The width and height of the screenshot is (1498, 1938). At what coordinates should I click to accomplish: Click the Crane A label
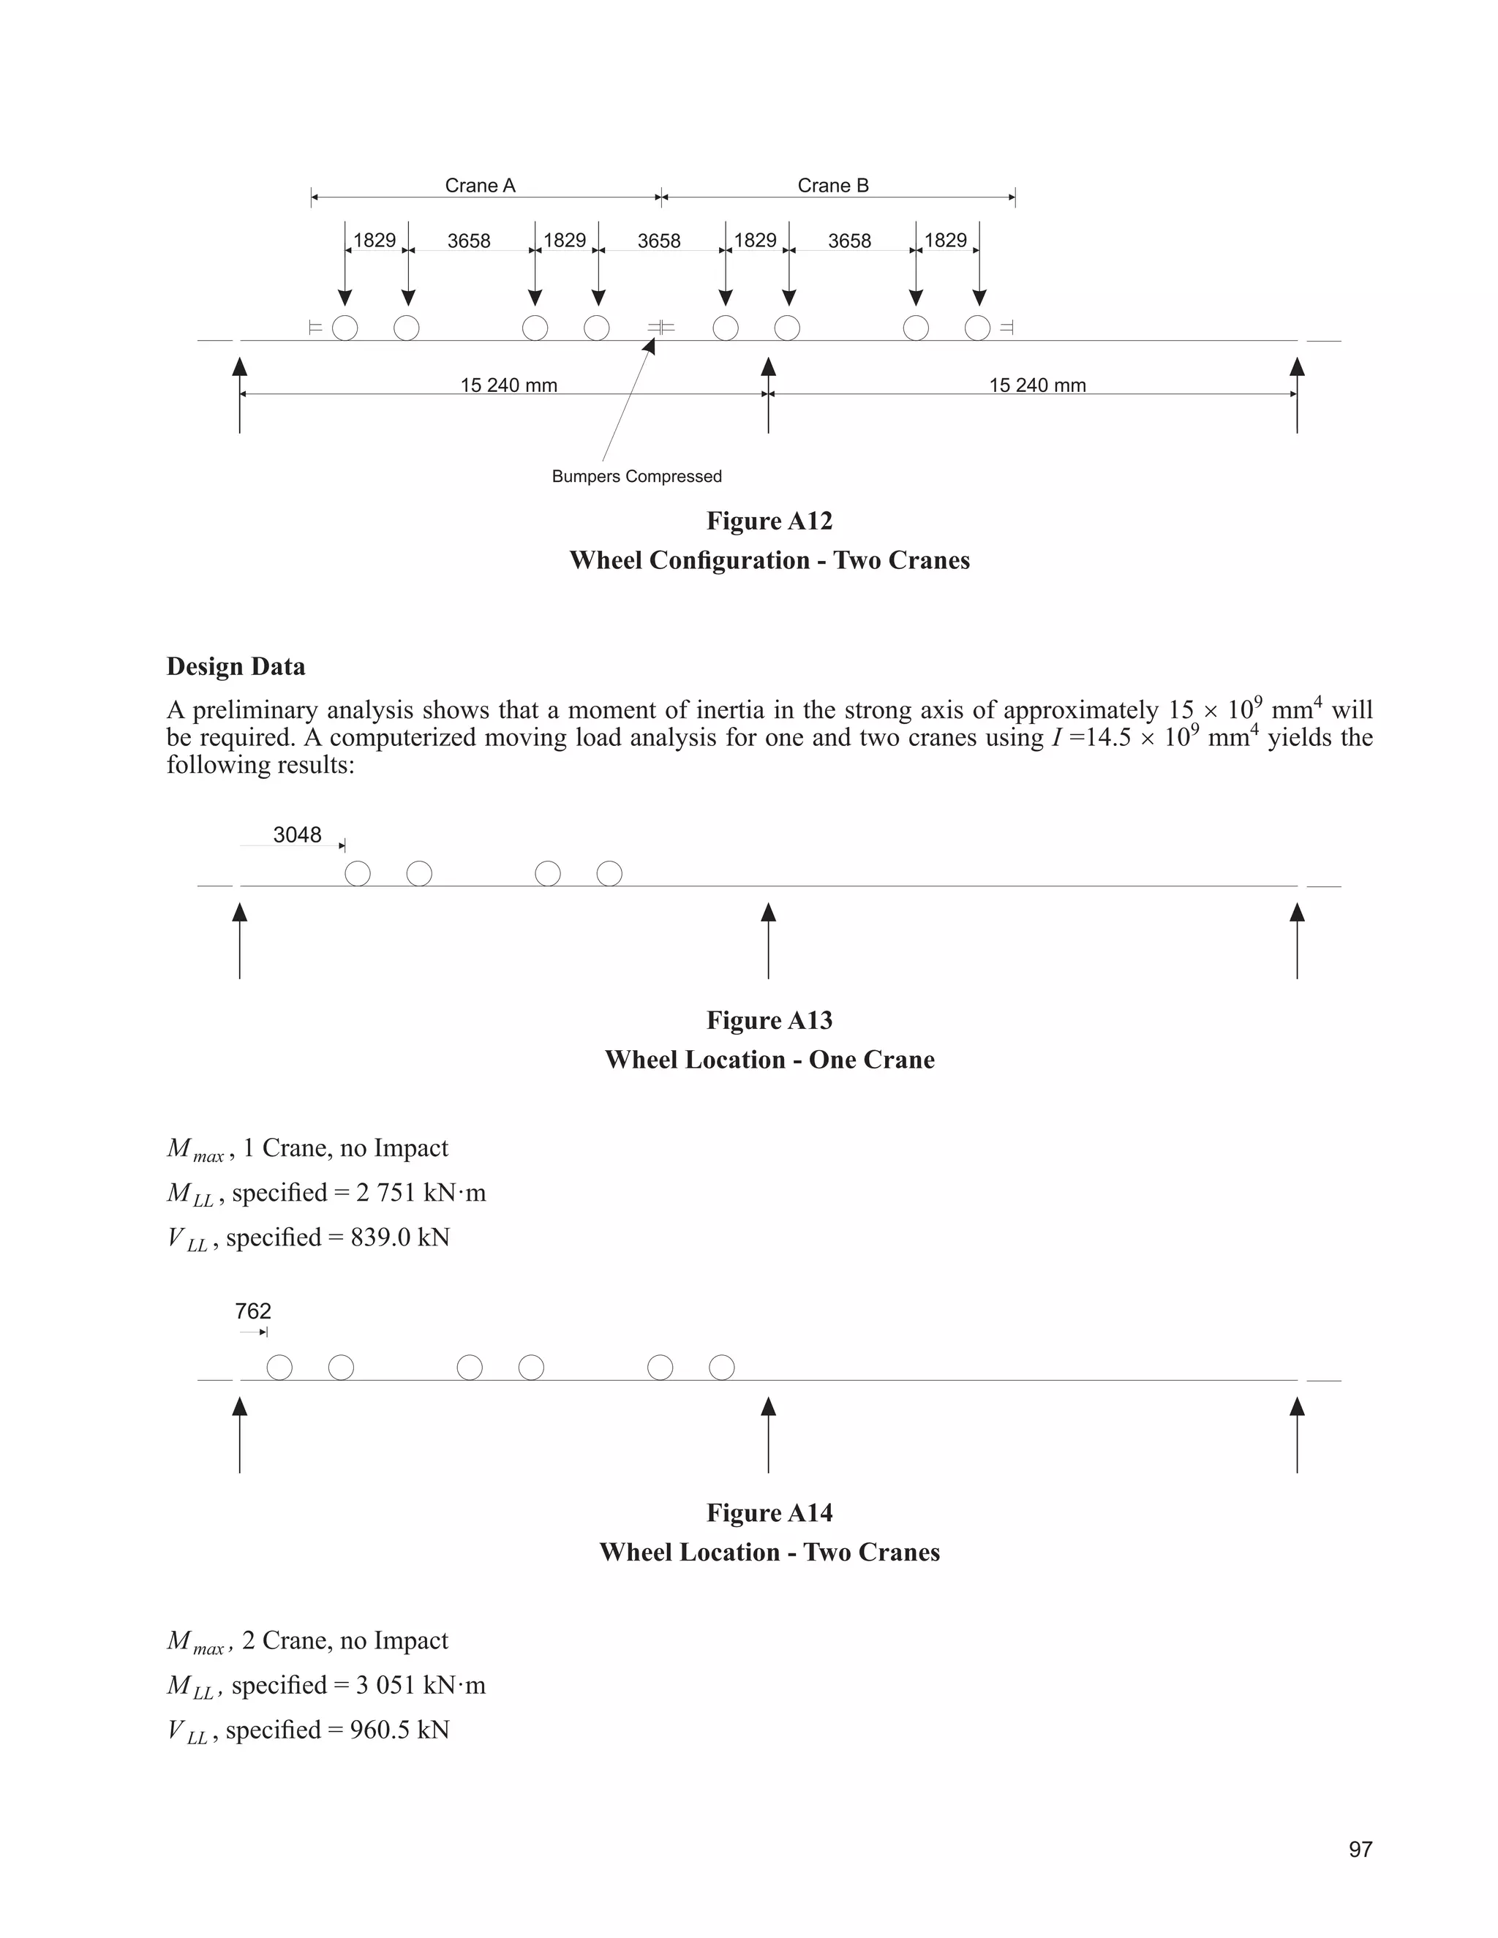click(479, 186)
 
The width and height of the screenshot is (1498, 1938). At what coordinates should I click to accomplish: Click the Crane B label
click(832, 186)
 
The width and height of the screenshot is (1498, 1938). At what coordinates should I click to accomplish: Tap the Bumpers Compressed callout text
click(636, 477)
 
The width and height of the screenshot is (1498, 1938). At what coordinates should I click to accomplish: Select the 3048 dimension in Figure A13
click(296, 835)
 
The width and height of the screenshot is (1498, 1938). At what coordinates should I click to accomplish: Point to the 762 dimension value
click(253, 1311)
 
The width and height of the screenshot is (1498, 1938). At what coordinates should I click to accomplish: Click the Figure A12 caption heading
click(769, 521)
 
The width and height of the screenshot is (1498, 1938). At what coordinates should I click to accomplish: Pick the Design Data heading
click(236, 666)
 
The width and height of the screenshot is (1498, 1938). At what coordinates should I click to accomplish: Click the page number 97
click(1360, 1850)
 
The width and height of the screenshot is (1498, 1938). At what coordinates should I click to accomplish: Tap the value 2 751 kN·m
click(421, 1193)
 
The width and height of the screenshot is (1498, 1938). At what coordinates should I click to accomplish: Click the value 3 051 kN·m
click(421, 1685)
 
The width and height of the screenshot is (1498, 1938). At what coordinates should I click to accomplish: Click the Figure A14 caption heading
click(769, 1513)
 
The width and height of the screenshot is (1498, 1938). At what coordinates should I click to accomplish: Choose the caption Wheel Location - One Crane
click(769, 1060)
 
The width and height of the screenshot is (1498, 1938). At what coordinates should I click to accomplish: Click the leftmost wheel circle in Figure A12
click(345, 328)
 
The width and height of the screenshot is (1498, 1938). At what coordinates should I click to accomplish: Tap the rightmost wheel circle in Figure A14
click(721, 1368)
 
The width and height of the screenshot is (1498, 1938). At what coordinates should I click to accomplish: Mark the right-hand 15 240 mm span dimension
click(1037, 385)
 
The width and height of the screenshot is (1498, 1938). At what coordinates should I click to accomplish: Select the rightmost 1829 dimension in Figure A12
click(945, 241)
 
